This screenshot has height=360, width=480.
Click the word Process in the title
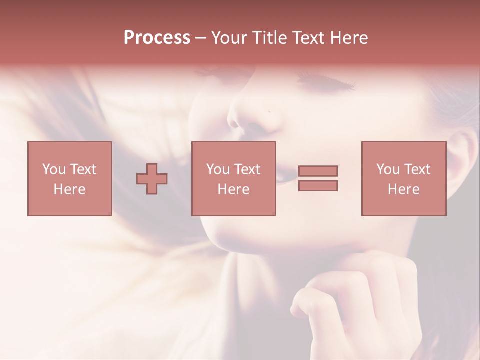click(x=157, y=38)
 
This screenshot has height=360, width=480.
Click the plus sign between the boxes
click(x=152, y=179)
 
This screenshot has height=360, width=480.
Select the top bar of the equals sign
click(x=318, y=171)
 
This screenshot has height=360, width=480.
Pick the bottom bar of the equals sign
click(x=318, y=186)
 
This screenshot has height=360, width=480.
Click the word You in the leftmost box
click(x=53, y=169)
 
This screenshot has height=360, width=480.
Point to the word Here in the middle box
click(x=234, y=189)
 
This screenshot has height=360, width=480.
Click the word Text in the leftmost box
click(x=83, y=169)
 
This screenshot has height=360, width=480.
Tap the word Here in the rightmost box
click(x=404, y=189)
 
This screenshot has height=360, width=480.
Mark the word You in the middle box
click(x=218, y=169)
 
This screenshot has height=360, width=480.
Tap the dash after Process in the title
click(x=201, y=38)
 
